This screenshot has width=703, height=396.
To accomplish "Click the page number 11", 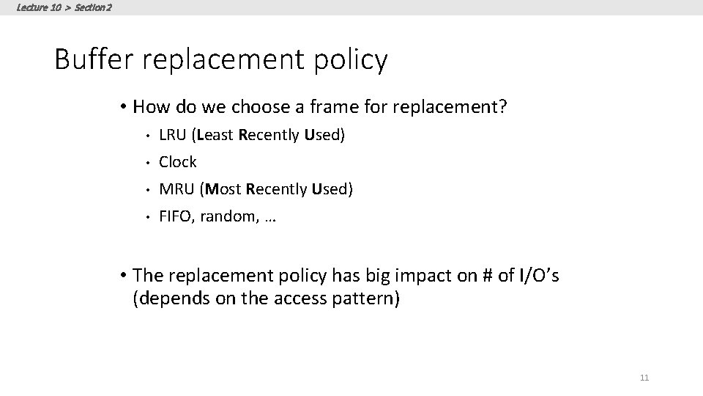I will (x=644, y=378).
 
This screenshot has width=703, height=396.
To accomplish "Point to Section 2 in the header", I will (x=94, y=7).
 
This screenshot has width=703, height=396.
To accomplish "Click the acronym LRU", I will (x=173, y=135).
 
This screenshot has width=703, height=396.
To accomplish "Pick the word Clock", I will (x=178, y=162).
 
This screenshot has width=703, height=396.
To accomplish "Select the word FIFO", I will (x=174, y=217).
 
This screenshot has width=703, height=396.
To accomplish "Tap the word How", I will (x=151, y=108).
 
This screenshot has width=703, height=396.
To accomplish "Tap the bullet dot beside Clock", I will (x=146, y=162).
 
